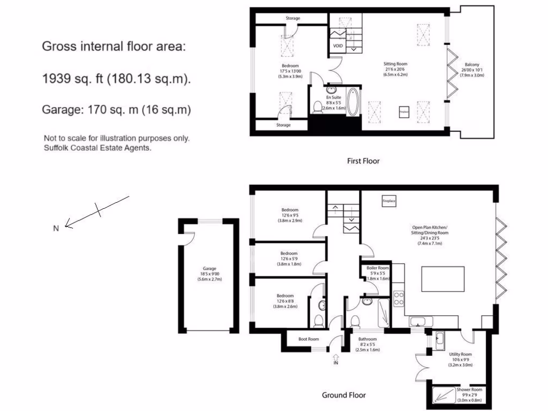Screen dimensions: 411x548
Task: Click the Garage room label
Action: point(209,269)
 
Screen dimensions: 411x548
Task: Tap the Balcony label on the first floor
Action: point(471,64)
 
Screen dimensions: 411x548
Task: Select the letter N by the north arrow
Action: point(56,229)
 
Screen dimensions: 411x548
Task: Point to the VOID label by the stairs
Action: point(338,46)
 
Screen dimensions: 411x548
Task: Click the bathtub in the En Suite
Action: point(353,102)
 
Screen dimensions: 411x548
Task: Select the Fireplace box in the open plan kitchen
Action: point(389,201)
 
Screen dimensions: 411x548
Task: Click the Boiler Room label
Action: point(378,268)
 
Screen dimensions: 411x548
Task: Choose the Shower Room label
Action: point(469,390)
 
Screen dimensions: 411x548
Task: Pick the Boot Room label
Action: point(309,339)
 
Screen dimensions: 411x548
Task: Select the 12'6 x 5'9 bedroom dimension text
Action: point(290,258)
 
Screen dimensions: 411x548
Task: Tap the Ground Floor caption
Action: point(344,395)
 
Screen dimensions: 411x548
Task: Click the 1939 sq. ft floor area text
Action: point(116,79)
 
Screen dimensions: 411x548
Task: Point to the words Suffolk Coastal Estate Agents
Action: point(97,148)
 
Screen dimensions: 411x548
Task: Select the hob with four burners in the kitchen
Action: point(399,298)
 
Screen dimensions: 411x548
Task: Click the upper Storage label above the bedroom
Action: point(293,18)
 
